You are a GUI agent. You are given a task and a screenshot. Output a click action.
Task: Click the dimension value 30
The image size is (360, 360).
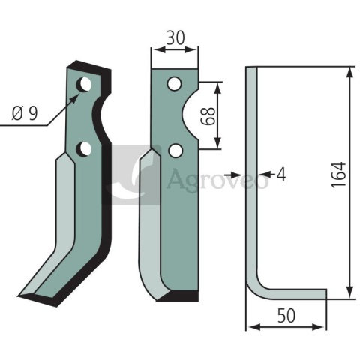click(175, 37)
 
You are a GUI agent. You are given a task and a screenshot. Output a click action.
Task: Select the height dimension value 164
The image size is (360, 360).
click(339, 175)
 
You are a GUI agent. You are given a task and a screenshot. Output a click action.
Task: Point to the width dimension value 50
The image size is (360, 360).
click(286, 316)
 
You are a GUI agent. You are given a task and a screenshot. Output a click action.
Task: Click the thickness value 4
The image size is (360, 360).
click(281, 175)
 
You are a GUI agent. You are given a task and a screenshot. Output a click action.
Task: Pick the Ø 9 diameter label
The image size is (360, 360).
click(25, 113)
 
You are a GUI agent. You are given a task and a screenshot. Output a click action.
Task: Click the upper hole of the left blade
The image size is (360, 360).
click(84, 84)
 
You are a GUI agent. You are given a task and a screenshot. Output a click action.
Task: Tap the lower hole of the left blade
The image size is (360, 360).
click(84, 149)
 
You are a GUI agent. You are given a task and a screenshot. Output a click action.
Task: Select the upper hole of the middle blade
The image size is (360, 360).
click(175, 84)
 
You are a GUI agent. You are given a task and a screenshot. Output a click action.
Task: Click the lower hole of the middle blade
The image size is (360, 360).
click(175, 151)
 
